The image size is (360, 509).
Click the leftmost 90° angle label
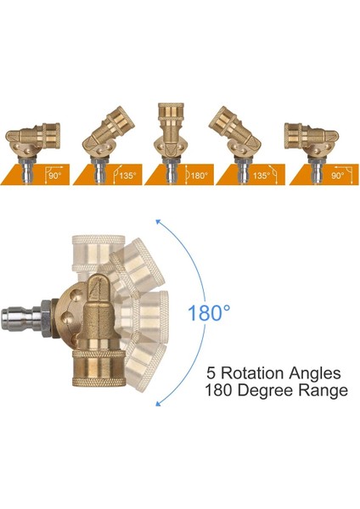[55, 176]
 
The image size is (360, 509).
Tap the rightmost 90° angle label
[338, 176]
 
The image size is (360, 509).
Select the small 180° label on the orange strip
[199, 176]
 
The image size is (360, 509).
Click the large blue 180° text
[209, 313]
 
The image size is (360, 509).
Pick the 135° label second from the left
[127, 176]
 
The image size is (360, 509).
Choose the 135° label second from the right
[262, 176]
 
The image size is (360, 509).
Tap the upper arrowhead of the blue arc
[159, 222]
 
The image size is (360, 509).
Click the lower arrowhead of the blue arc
[159, 403]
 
